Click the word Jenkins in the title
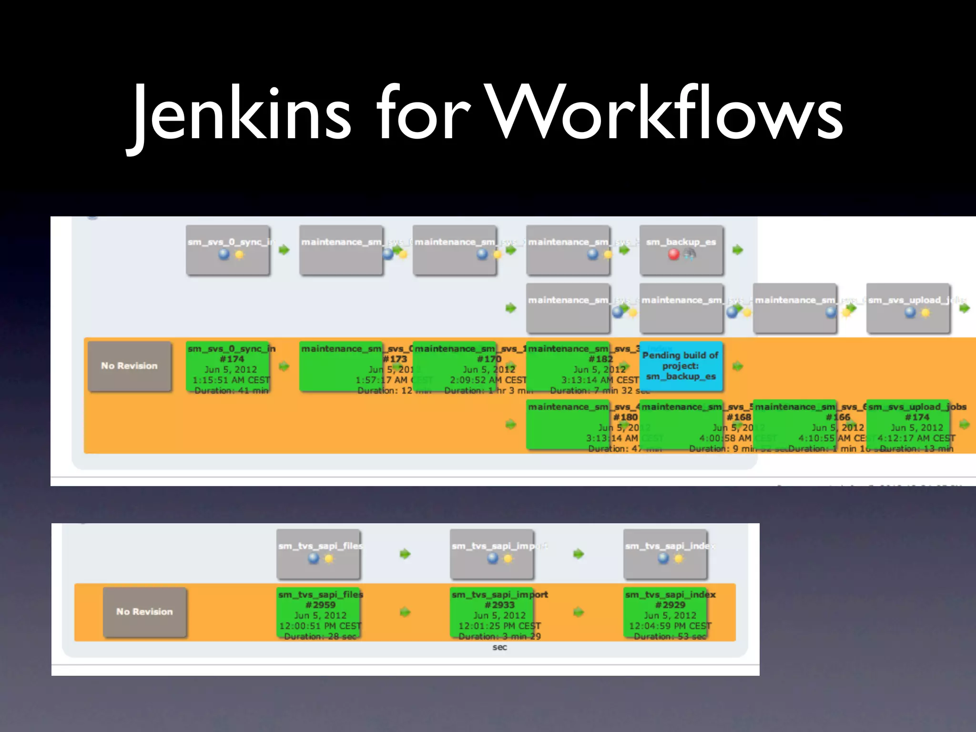[241, 114]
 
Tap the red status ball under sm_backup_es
[673, 254]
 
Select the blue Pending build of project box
[681, 366]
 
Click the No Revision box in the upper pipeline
[129, 366]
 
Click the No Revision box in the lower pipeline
[144, 612]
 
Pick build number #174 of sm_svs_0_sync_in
[232, 359]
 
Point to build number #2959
[320, 605]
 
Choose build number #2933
[499, 605]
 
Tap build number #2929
[670, 605]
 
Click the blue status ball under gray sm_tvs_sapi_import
[493, 558]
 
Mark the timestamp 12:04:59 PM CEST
[670, 626]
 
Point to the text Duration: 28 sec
[320, 637]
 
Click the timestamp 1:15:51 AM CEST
[231, 380]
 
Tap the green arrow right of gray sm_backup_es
[738, 250]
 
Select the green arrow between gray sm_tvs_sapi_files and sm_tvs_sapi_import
[405, 554]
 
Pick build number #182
[600, 359]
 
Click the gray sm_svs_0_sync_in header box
[228, 250]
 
